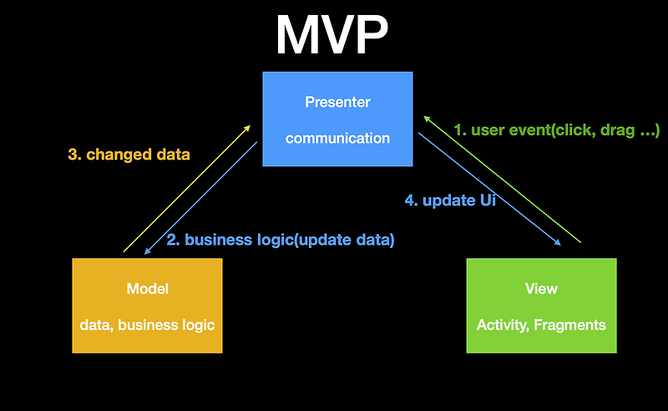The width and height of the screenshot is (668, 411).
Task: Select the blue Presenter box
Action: coord(337,119)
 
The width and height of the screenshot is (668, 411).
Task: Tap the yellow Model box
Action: coord(147,305)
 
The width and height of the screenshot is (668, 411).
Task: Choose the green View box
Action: coord(541,305)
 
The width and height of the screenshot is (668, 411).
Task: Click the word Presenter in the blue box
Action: coord(337,102)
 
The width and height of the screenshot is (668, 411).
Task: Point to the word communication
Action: coord(337,138)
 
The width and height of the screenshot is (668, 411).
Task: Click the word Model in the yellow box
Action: coord(147,289)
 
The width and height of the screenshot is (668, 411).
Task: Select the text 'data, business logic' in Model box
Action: coord(147,325)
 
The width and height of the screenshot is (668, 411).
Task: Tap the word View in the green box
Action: coord(541,289)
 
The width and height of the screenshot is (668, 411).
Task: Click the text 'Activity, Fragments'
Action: coord(541,325)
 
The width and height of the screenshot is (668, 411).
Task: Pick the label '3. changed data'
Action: coord(129,154)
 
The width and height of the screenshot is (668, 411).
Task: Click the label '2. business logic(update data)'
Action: coord(281,240)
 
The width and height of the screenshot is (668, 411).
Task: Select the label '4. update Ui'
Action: coord(451,200)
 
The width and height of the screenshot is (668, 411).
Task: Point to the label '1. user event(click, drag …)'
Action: coord(557,130)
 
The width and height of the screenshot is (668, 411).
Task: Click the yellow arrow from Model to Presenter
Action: coord(186,189)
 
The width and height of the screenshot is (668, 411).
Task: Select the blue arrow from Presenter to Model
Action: coord(200,198)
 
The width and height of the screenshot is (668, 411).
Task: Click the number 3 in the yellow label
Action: coord(73,154)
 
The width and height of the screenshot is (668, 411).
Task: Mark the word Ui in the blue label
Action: coord(487,200)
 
